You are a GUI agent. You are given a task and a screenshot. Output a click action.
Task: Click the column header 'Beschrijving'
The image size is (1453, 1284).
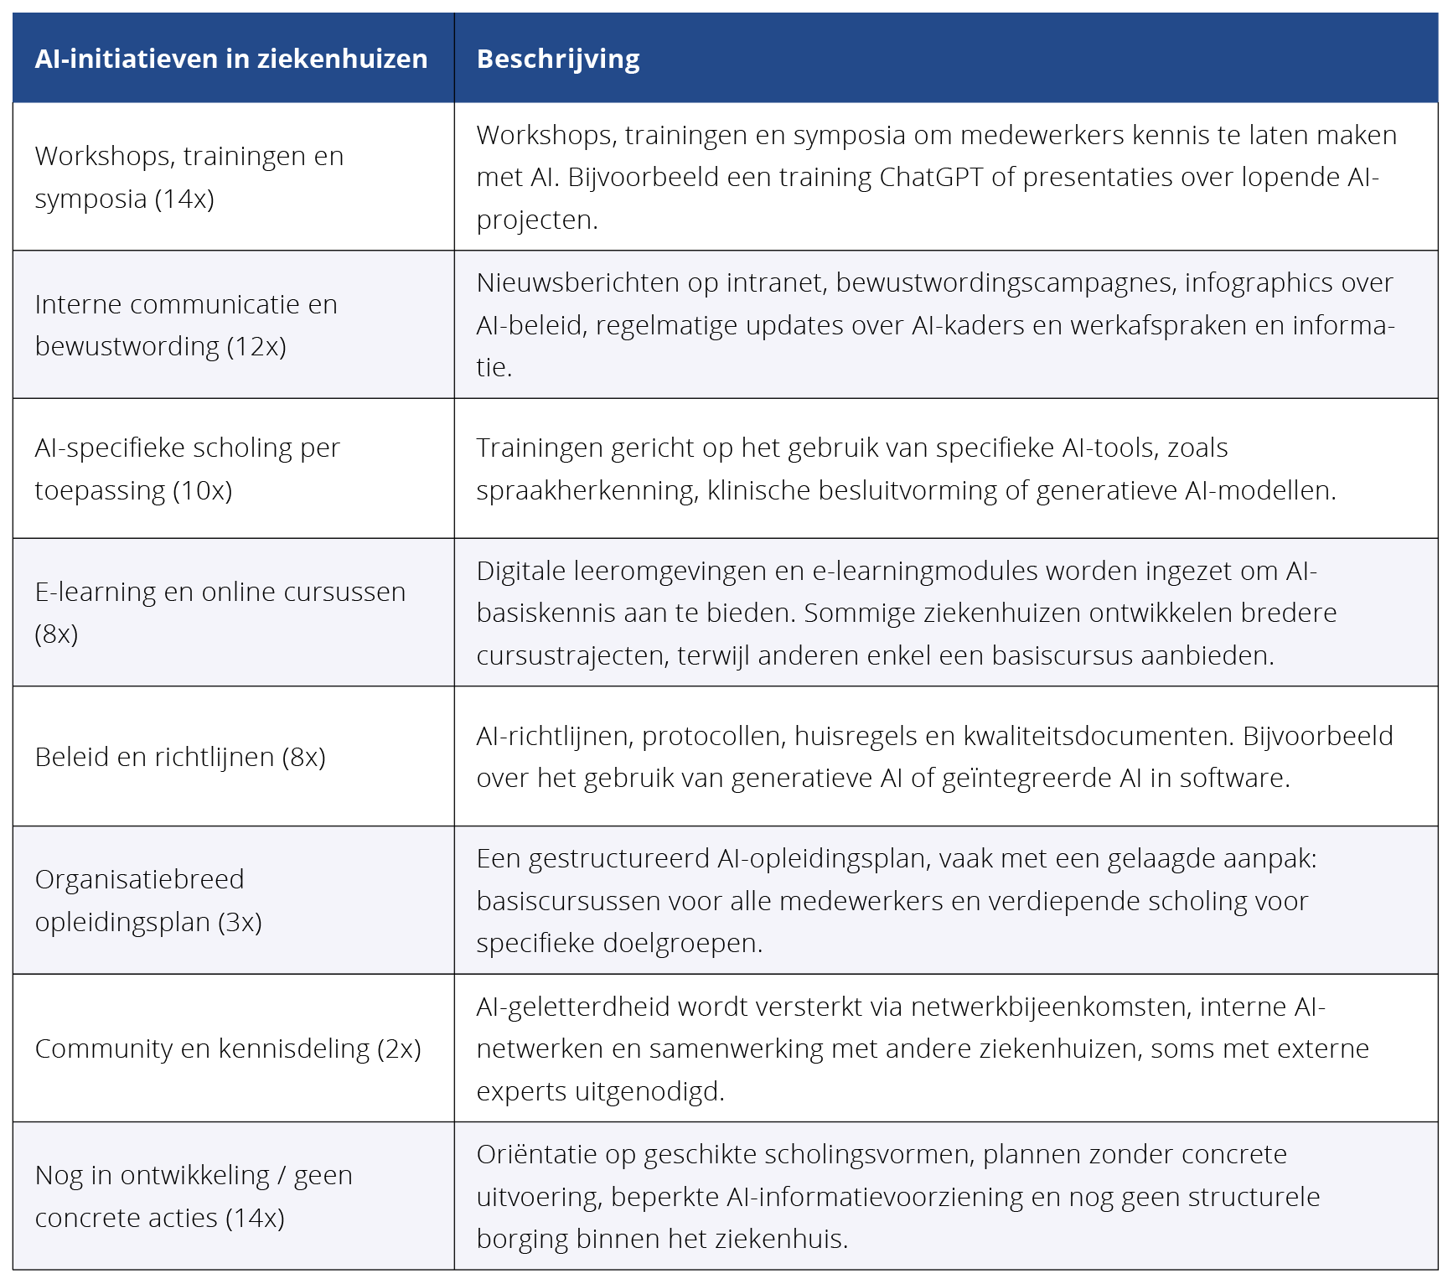pos(558,59)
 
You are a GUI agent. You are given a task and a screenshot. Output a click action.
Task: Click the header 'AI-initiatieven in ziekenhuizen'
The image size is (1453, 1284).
pos(231,59)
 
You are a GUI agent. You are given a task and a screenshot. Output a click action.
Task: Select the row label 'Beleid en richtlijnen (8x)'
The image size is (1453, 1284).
pos(180,757)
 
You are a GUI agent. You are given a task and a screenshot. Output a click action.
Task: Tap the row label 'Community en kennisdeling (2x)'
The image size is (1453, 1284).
pos(228,1048)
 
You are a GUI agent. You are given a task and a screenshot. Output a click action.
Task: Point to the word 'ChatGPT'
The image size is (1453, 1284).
pos(930,177)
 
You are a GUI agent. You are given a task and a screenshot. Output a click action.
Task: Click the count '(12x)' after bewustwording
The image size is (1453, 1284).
pos(256,346)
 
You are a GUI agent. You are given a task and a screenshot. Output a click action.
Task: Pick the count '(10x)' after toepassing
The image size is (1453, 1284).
pos(202,490)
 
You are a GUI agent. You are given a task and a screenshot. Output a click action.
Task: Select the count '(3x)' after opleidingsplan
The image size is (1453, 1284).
pos(240,922)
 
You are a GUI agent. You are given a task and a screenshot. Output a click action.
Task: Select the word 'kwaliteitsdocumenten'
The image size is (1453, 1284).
pos(1099,736)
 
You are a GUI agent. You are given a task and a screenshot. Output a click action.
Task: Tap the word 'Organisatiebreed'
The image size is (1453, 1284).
pos(139,879)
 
